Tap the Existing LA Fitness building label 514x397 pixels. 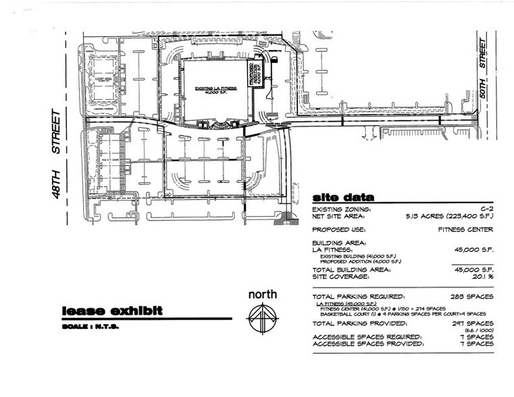pyautogui.click(x=215, y=92)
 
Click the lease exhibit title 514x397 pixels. pyautogui.click(x=111, y=311)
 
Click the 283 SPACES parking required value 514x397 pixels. pyautogui.click(x=470, y=296)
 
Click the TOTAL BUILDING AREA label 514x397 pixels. pyautogui.click(x=351, y=269)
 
